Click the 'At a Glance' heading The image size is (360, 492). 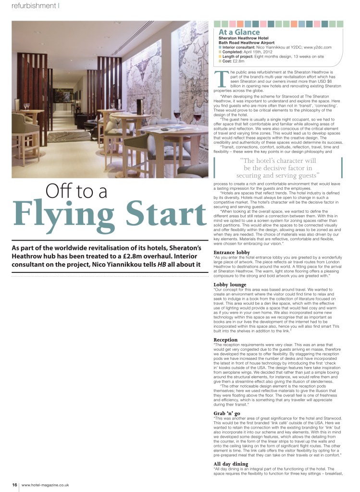[x=239, y=32]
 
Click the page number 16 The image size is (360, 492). [x=15, y=485]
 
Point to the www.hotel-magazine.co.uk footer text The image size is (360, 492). [x=45, y=485]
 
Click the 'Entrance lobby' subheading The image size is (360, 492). [x=232, y=252]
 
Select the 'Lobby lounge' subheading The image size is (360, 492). [x=230, y=285]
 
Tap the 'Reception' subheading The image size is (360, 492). [x=225, y=340]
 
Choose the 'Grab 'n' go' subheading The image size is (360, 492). [x=227, y=413]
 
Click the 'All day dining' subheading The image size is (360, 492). [x=231, y=464]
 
